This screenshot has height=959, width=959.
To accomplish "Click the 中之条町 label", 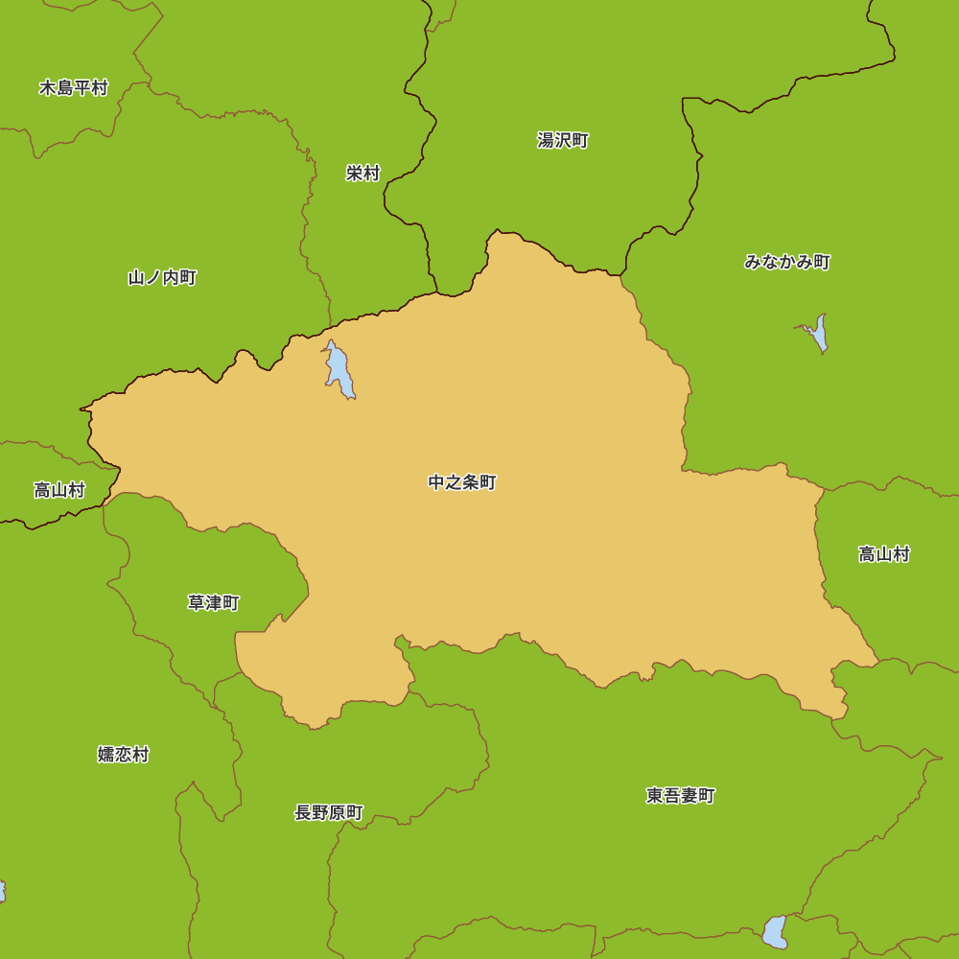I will point(462,482).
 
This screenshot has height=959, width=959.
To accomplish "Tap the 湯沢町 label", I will point(563,141).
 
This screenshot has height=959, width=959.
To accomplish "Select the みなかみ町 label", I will point(787,262).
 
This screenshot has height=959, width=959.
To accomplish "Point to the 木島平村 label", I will point(74,88).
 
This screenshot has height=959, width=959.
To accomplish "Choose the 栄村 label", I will point(363,174).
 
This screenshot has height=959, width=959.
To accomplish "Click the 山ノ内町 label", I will point(162,278).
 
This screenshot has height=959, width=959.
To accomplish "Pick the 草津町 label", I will point(213,603).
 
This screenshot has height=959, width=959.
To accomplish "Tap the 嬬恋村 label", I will point(124,755).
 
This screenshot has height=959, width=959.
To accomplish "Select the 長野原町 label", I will point(329,813).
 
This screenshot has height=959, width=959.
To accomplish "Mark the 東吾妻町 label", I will point(681,796).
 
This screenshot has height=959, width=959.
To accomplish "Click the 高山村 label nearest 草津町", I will point(59,491).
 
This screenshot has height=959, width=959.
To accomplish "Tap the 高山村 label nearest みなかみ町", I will point(883,554).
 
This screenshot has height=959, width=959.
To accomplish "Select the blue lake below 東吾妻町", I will point(775,931).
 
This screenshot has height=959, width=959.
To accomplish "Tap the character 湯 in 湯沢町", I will point(546,141).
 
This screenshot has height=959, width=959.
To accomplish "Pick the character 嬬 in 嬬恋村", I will point(106,755).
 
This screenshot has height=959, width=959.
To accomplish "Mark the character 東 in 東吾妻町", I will point(655,796).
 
